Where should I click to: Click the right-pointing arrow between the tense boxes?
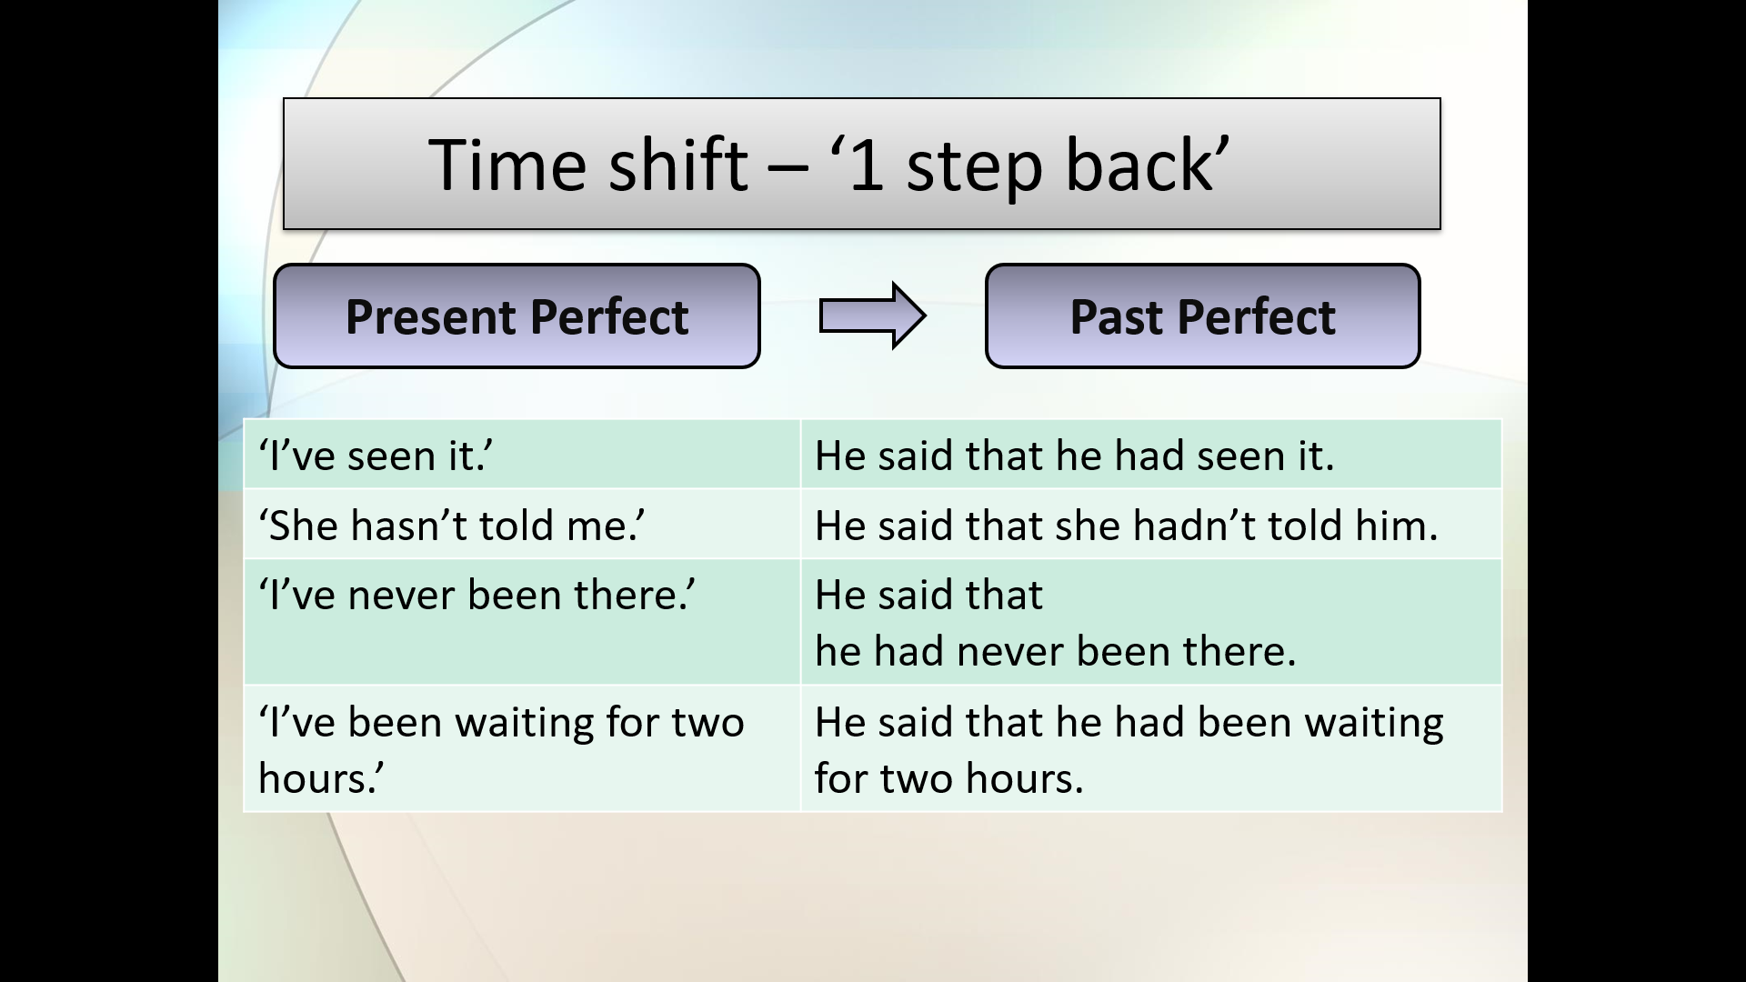(872, 316)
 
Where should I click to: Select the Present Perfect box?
(517, 316)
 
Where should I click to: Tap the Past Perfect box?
(1202, 316)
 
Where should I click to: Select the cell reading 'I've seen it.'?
(522, 454)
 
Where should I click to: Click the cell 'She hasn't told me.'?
(522, 524)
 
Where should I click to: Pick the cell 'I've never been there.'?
(522, 622)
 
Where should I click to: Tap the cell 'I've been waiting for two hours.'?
(522, 748)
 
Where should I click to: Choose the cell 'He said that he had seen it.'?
(1151, 454)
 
